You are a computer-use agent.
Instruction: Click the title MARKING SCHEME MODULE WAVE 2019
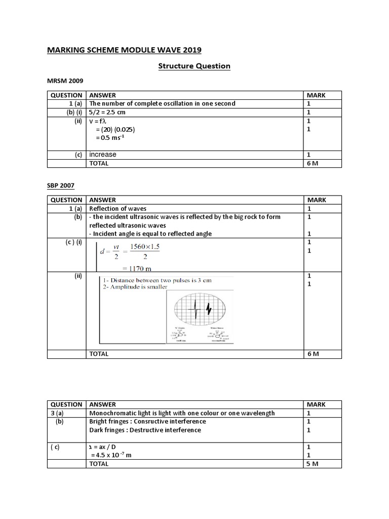124,50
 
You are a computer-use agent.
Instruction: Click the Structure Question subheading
194,66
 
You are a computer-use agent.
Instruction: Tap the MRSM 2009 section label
65,81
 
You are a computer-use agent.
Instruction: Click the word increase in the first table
103,155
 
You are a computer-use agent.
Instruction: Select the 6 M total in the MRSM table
313,163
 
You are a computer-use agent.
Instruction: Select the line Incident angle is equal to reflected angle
150,234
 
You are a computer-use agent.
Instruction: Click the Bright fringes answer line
147,421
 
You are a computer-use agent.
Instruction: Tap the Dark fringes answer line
145,430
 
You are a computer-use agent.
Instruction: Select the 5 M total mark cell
313,464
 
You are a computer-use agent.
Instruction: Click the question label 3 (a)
58,413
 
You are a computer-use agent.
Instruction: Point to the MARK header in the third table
317,404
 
